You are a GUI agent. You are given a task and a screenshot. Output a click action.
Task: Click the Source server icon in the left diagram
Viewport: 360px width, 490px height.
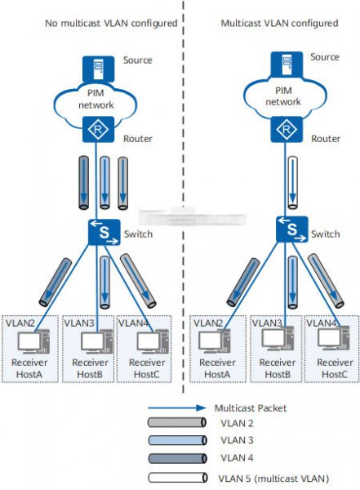pyautogui.click(x=98, y=69)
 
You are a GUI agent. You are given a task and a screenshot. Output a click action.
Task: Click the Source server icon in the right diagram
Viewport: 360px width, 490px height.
pyautogui.click(x=287, y=65)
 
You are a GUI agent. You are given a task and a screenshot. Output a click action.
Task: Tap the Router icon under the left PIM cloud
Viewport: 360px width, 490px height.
pyautogui.click(x=98, y=129)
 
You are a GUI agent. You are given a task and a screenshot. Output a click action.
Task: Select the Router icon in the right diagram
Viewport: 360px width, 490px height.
pyautogui.click(x=287, y=129)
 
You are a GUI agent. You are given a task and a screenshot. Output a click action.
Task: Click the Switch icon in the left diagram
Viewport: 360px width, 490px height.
pyautogui.click(x=104, y=232)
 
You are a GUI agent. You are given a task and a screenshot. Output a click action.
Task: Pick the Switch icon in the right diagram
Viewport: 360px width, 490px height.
pyautogui.click(x=292, y=229)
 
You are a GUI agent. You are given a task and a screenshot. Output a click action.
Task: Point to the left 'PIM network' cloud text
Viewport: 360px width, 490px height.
pyautogui.click(x=96, y=99)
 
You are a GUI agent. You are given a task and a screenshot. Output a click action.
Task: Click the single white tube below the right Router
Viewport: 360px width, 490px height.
pyautogui.click(x=292, y=183)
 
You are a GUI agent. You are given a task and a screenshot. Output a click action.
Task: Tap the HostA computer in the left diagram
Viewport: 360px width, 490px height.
pyautogui.click(x=33, y=341)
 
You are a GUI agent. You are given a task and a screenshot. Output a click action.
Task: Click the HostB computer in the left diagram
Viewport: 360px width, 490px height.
pyautogui.click(x=97, y=341)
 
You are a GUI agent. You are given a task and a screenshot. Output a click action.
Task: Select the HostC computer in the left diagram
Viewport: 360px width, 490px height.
pyautogui.click(x=153, y=341)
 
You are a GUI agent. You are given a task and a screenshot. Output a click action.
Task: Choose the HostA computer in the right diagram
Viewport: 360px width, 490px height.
pyautogui.click(x=215, y=341)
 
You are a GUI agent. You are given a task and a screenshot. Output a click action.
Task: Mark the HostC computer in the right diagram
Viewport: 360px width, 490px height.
pyautogui.click(x=333, y=338)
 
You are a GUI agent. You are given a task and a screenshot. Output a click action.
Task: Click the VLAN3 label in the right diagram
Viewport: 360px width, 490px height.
pyautogui.click(x=267, y=323)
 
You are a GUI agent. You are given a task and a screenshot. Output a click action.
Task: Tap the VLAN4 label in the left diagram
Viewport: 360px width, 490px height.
pyautogui.click(x=133, y=323)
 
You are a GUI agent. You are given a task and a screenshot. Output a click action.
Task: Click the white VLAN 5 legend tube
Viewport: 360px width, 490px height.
pyautogui.click(x=177, y=478)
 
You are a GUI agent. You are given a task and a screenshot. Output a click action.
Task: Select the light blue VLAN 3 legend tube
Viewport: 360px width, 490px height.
pyautogui.click(x=177, y=440)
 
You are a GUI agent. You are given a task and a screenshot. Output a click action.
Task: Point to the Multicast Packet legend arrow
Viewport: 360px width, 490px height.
pyautogui.click(x=177, y=408)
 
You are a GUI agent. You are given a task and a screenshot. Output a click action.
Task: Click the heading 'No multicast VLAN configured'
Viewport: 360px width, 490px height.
pyautogui.click(x=111, y=24)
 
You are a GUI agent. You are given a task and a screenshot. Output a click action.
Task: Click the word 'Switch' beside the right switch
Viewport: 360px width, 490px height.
pyautogui.click(x=326, y=234)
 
